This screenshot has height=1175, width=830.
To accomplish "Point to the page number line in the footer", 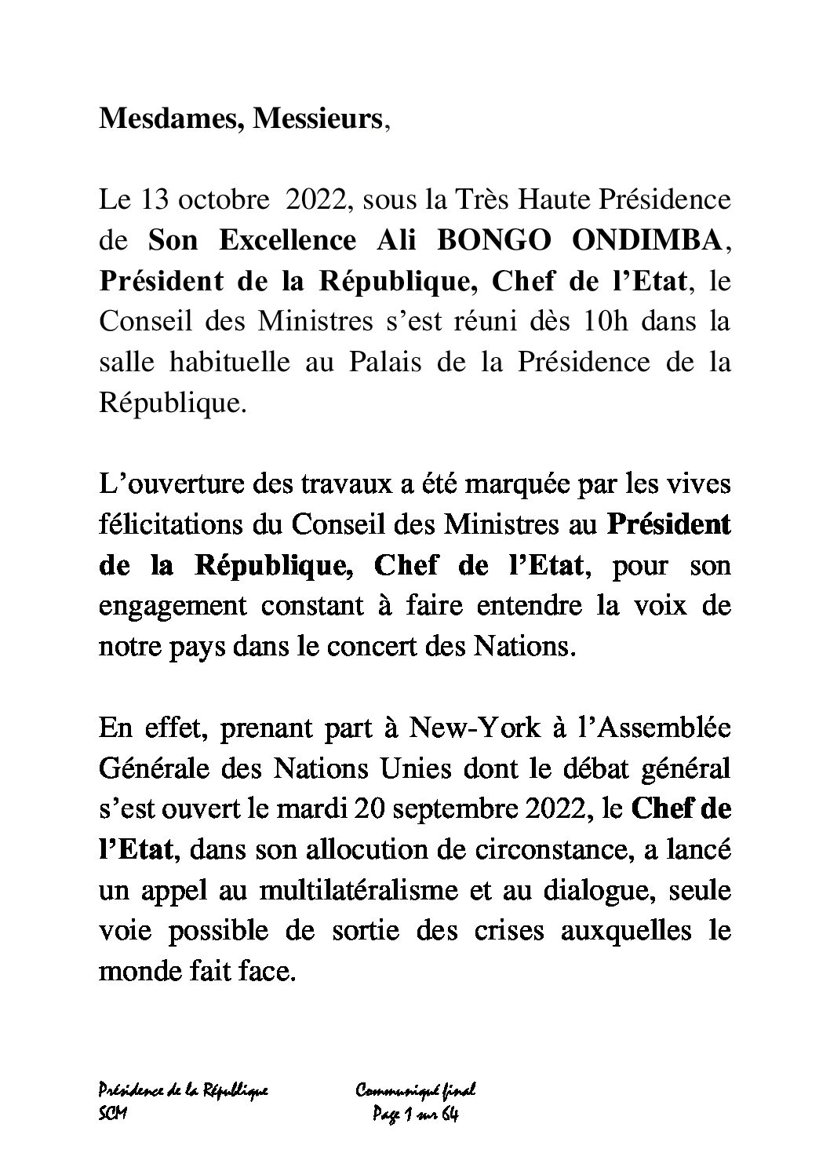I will pos(413,1115).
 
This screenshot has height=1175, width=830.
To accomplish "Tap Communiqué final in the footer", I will pos(417,1090).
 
